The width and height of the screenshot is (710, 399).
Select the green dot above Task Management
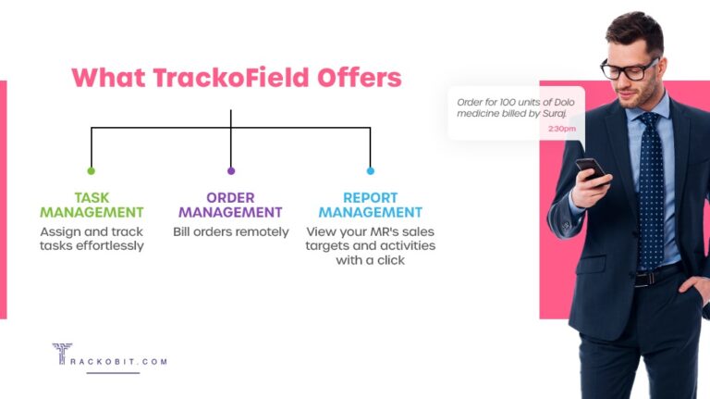pyautogui.click(x=91, y=170)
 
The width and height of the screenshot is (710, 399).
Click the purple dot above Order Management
pyautogui.click(x=230, y=170)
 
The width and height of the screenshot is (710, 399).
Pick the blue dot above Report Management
pyautogui.click(x=370, y=170)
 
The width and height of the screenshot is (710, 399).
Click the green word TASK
pyautogui.click(x=92, y=198)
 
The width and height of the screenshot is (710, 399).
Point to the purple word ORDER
pyautogui.click(x=230, y=198)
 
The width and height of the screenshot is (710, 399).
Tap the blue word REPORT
pyautogui.click(x=370, y=198)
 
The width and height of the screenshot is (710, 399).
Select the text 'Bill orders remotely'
pyautogui.click(x=230, y=231)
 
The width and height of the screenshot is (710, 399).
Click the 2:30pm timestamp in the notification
pyautogui.click(x=561, y=129)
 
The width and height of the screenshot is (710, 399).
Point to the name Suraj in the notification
pyautogui.click(x=554, y=113)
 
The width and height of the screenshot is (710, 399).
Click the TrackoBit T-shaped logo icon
pyautogui.click(x=62, y=354)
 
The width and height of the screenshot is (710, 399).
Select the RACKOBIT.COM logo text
pyautogui.click(x=120, y=361)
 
